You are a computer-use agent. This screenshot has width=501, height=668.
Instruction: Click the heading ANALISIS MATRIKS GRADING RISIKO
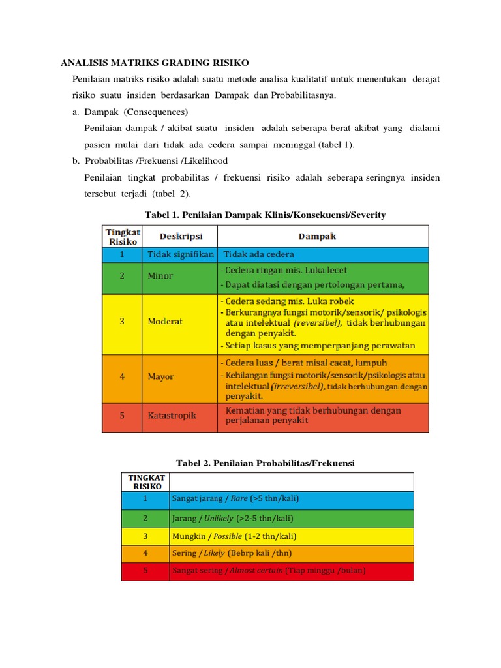point(155,63)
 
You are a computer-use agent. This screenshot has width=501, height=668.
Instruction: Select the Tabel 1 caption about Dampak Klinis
point(265,215)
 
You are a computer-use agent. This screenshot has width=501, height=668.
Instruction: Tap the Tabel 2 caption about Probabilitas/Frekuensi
point(265,463)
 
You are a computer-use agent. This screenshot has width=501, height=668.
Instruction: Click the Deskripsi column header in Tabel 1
point(172,236)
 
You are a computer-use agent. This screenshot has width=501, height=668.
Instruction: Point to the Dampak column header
point(317,236)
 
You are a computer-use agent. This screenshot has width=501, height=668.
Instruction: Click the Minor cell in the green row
point(160,276)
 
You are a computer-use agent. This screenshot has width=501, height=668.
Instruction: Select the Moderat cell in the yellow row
point(165,322)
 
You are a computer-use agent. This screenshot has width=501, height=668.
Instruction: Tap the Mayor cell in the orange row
point(161,376)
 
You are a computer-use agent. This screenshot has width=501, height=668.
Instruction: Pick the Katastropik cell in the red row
point(172,416)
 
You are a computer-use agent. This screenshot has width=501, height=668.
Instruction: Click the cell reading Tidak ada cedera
point(259,254)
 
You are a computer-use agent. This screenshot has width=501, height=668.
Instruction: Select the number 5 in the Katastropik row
point(121,416)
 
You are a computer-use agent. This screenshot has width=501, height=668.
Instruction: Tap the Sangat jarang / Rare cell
point(235,499)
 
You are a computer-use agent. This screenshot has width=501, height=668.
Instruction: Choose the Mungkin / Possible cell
point(234,536)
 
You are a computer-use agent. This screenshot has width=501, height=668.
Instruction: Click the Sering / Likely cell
point(231,553)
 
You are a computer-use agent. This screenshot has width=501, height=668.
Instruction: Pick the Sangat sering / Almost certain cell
point(268,571)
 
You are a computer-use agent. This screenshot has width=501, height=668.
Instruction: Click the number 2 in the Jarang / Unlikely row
point(145,518)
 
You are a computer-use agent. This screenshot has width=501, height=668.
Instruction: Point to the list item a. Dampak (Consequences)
point(130,112)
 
